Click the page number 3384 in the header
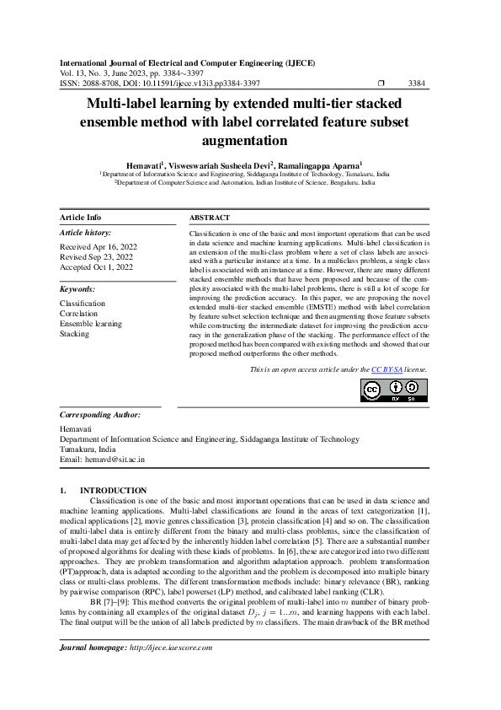point(417,83)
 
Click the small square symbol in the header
point(381,83)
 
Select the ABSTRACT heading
point(210,218)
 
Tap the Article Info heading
point(81,218)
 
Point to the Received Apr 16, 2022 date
point(98,246)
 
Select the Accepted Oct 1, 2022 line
point(96,266)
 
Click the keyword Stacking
point(74,334)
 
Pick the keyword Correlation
point(79,314)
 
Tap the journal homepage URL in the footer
point(170,648)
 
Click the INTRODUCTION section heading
point(113,491)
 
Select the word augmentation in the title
point(250,140)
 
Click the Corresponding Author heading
point(100,416)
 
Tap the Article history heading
point(85,232)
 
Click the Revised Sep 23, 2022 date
point(97,256)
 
